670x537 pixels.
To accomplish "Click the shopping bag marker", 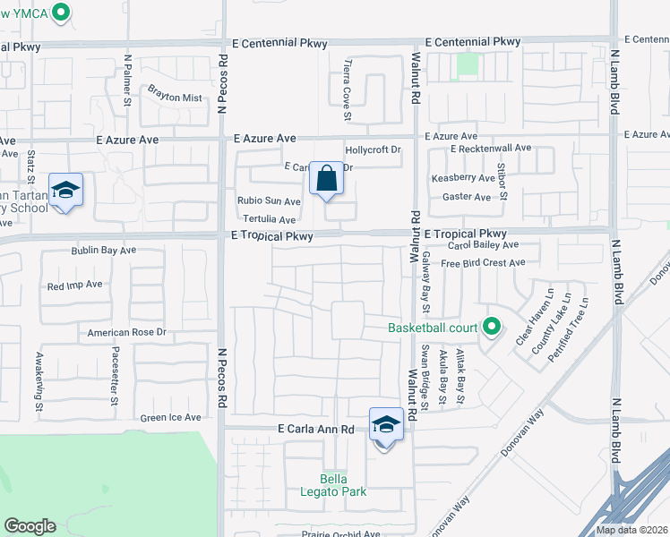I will pyautogui.click(x=326, y=178).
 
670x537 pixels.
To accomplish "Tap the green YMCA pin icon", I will pyautogui.click(x=61, y=13).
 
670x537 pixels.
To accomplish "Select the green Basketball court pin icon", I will pyautogui.click(x=491, y=328).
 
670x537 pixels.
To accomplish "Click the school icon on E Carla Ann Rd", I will pyautogui.click(x=386, y=425).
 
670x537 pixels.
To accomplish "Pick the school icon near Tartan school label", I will pyautogui.click(x=65, y=191).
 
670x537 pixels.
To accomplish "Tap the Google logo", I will pyautogui.click(x=30, y=526).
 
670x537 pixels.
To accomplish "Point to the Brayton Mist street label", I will pyautogui.click(x=175, y=98).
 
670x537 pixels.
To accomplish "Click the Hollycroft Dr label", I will pyautogui.click(x=373, y=150).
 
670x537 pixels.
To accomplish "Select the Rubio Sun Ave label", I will pyautogui.click(x=269, y=201).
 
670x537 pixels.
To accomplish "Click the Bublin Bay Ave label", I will pyautogui.click(x=103, y=251).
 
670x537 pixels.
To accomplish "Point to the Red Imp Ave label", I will pyautogui.click(x=75, y=286).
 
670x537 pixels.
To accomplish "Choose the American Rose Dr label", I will pyautogui.click(x=127, y=332).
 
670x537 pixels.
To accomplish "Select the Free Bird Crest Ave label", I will pyautogui.click(x=483, y=263).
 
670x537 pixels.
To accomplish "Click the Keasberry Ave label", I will pyautogui.click(x=463, y=178).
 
